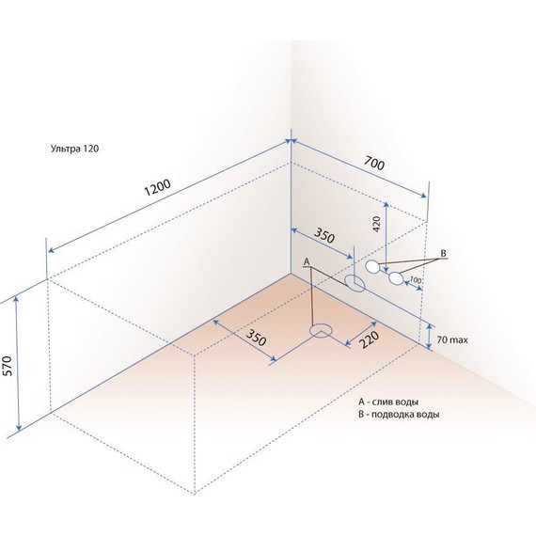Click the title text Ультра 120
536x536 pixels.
coord(74,149)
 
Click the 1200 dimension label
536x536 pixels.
coord(158,188)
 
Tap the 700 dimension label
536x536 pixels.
coord(374,163)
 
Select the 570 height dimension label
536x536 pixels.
coord(8,366)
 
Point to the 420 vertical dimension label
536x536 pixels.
coord(376,224)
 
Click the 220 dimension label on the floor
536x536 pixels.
coord(369,339)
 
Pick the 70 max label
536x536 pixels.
coord(452,339)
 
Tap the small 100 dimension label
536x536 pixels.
coord(415,280)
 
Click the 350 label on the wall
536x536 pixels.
coord(323,235)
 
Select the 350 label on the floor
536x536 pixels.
coord(256,338)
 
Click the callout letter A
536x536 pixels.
coord(307,261)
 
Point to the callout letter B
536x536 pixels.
coord(443,253)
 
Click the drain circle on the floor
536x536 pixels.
coord(321,331)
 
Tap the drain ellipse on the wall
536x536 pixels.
coord(355,283)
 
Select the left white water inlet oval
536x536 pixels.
coord(372,266)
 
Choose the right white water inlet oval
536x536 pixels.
coord(396,278)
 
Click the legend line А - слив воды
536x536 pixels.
coord(388,402)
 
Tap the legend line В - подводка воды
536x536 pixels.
coord(399,415)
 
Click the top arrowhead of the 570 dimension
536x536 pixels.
coord(16,299)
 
